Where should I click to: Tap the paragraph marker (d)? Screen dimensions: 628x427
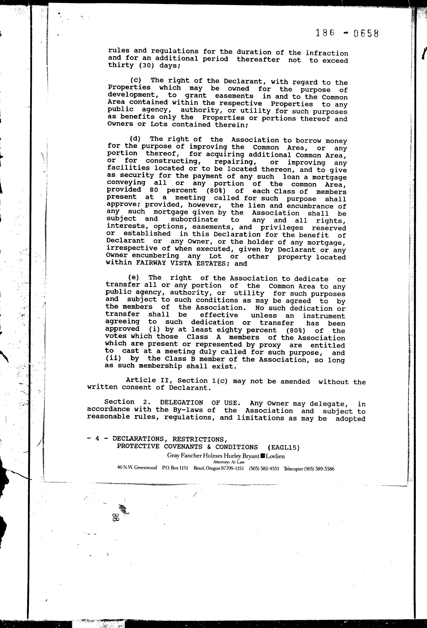click(135, 139)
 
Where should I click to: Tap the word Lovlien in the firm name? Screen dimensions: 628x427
click(275, 456)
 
